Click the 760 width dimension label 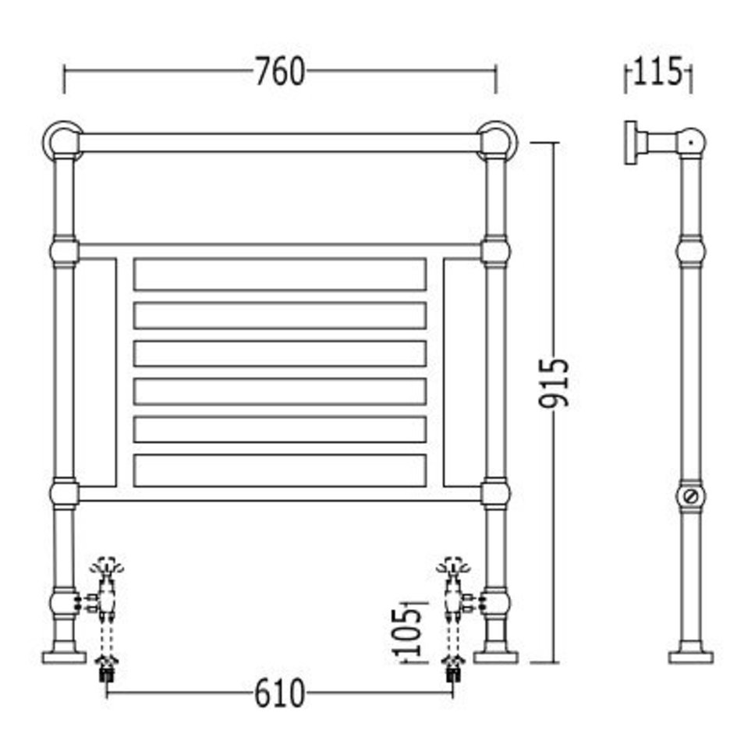(280, 72)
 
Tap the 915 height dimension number (554, 383)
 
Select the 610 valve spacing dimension (279, 693)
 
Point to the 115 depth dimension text (658, 71)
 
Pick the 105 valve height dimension (406, 632)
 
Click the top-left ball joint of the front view (63, 141)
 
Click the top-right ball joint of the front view (497, 141)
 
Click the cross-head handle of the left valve (108, 565)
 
